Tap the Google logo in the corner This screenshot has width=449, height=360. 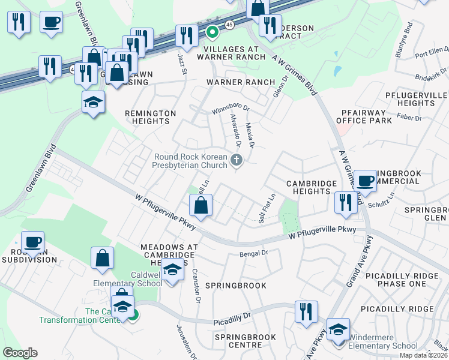[20, 353]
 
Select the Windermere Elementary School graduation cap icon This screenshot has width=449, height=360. [338, 330]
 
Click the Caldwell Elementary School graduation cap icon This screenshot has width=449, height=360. [172, 271]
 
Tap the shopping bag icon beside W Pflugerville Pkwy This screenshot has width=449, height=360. [201, 206]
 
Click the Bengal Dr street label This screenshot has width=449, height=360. [253, 254]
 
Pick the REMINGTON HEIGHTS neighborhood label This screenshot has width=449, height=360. [150, 117]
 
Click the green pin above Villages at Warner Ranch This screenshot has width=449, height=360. [211, 32]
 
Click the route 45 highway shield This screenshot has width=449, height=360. [229, 23]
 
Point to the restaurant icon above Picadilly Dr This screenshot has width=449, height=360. [306, 311]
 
